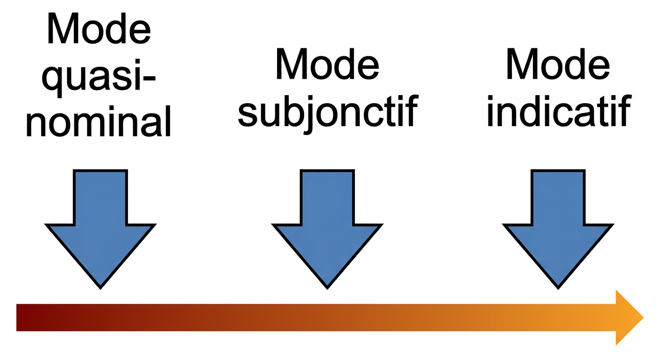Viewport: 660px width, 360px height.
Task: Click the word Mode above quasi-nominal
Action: point(99,29)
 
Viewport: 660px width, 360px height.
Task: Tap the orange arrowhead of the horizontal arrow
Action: point(628,318)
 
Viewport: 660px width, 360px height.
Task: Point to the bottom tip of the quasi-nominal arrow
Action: point(100,286)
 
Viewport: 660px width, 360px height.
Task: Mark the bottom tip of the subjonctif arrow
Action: point(327,286)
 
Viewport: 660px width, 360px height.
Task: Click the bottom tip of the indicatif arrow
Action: point(558,286)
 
